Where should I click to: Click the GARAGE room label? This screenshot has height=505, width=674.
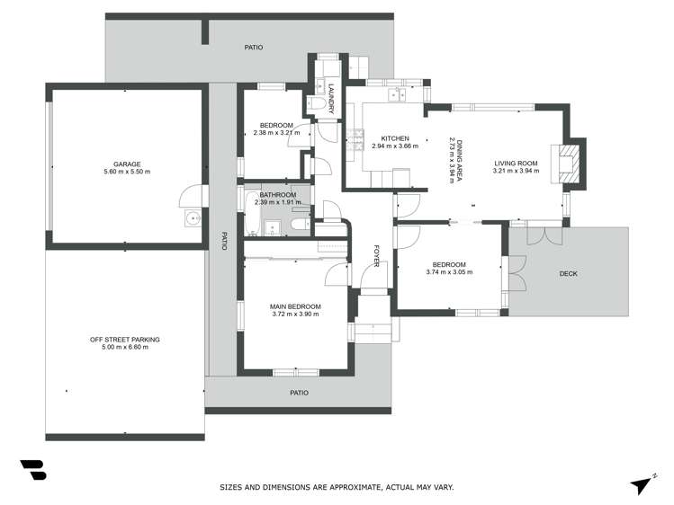(x=125, y=164)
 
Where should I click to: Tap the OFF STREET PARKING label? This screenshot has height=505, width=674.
(x=125, y=339)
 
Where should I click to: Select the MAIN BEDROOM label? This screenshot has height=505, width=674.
(x=295, y=306)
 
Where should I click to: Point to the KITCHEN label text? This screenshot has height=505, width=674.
(x=395, y=137)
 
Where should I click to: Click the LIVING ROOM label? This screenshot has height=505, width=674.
(x=515, y=163)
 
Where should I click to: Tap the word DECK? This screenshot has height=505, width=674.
(x=568, y=273)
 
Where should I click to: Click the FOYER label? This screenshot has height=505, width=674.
(x=377, y=256)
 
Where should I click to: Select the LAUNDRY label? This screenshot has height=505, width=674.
(x=331, y=98)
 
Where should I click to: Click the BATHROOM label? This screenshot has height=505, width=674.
(x=277, y=194)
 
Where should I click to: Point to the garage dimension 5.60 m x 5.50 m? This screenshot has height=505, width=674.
(x=125, y=172)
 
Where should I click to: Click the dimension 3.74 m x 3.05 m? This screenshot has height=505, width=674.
(x=448, y=271)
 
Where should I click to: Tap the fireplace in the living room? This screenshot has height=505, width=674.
(x=568, y=164)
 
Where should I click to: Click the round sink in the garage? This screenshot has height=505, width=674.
(x=192, y=218)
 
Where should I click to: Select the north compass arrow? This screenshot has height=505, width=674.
(x=642, y=483)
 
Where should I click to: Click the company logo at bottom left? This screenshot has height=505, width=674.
(x=33, y=473)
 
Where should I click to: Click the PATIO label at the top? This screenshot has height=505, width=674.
(x=254, y=46)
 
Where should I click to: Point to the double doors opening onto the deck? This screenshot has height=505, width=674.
(x=541, y=235)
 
